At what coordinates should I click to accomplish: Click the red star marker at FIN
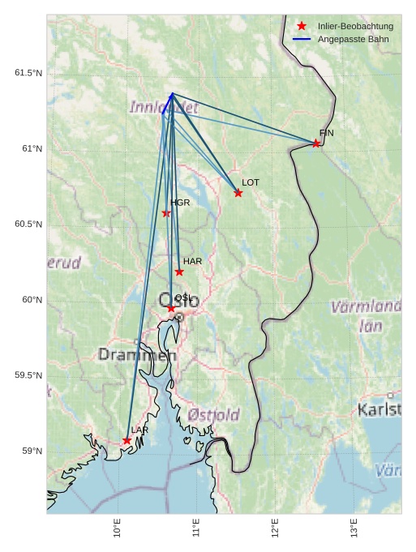tap(316, 143)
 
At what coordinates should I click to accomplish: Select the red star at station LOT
tap(238, 193)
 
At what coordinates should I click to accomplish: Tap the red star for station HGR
tap(166, 213)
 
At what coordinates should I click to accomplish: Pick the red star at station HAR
tap(179, 272)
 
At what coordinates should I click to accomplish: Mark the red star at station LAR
tap(127, 440)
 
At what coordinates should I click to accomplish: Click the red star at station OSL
tap(171, 308)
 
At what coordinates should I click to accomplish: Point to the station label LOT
tap(251, 183)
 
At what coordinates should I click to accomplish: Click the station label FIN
tap(327, 133)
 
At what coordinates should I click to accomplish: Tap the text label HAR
tap(192, 262)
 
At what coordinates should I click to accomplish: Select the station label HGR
tap(179, 203)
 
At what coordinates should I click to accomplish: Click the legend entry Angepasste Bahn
tap(353, 39)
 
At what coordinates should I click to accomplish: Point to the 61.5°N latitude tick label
tap(28, 73)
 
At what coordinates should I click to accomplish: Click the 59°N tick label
tap(32, 451)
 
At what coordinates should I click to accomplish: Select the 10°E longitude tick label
tap(118, 528)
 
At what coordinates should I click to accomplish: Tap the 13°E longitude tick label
tap(354, 528)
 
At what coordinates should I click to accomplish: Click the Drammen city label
tap(137, 355)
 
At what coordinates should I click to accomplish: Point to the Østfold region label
tap(214, 415)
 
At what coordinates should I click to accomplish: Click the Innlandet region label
tap(164, 107)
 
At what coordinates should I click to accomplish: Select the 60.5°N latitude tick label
tap(28, 224)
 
